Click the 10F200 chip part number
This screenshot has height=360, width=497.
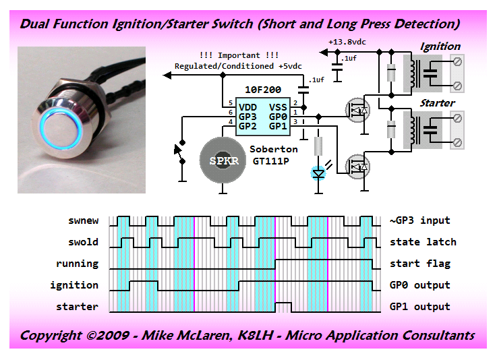[263, 90]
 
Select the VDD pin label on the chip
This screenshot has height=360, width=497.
[247, 106]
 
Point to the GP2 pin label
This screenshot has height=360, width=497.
[247, 126]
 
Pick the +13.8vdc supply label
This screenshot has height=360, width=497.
[347, 42]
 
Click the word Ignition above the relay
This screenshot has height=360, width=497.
[440, 47]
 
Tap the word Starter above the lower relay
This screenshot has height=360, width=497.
[437, 103]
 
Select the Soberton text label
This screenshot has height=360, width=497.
[274, 149]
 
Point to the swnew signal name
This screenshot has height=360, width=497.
[83, 220]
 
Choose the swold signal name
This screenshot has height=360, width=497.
[83, 242]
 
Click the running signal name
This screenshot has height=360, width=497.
[77, 264]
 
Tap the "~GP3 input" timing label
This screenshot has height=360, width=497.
[419, 220]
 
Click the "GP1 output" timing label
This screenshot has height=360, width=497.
[419, 307]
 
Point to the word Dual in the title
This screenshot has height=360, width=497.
[35, 24]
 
